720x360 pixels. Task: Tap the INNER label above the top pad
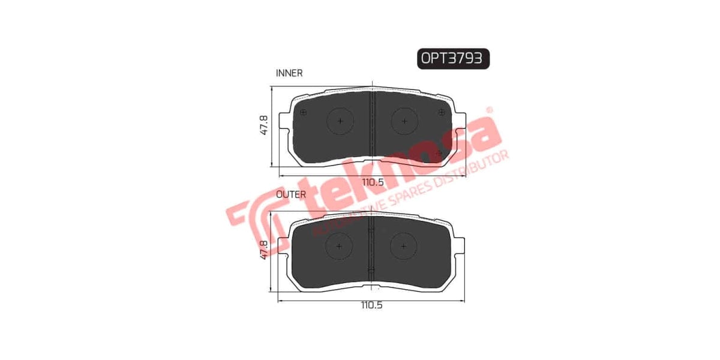(289, 73)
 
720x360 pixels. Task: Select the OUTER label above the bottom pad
(290, 194)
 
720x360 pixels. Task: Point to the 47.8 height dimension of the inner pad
(263, 125)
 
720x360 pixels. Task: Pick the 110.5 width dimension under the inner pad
(372, 182)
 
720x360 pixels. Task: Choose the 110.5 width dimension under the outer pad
(372, 305)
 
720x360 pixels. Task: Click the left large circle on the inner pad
(340, 121)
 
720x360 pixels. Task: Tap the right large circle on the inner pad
(405, 121)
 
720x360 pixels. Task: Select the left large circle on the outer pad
(340, 247)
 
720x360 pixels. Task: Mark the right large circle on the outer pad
(404, 247)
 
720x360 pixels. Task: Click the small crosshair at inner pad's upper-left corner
(303, 113)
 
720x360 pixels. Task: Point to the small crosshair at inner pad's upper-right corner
(442, 112)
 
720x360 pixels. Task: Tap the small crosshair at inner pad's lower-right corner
(439, 153)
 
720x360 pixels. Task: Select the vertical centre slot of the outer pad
(372, 249)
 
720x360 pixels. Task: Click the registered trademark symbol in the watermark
(489, 110)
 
